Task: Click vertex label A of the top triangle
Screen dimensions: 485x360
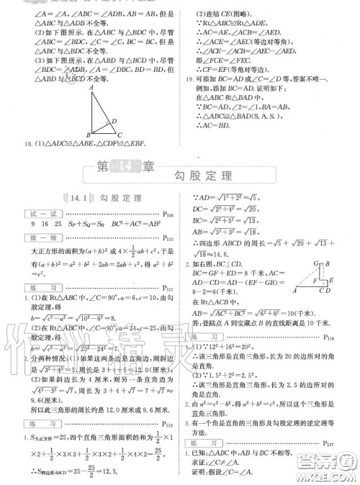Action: pos(91,89)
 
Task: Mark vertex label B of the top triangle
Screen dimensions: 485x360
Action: pos(88,135)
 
